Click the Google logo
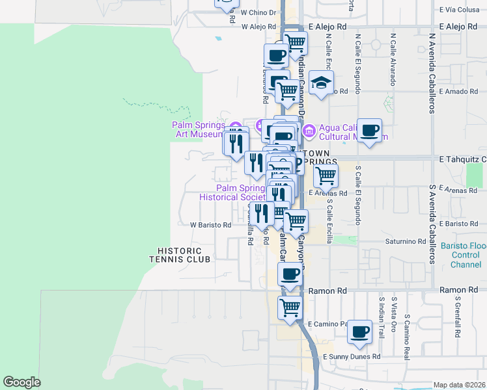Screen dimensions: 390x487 point(21,382)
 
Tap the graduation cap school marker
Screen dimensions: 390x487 point(321,83)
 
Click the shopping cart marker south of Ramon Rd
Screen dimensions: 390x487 point(290,307)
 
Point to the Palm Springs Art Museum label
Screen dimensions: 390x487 point(198,129)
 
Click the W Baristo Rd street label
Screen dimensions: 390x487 point(210,225)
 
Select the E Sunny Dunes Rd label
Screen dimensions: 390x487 point(350,357)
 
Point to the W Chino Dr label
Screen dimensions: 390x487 point(258,12)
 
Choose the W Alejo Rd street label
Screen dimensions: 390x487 point(259,27)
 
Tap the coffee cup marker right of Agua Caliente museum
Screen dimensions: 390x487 point(369,131)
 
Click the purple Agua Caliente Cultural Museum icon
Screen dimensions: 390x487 point(309,131)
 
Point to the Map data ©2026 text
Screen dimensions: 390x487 point(460,385)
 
